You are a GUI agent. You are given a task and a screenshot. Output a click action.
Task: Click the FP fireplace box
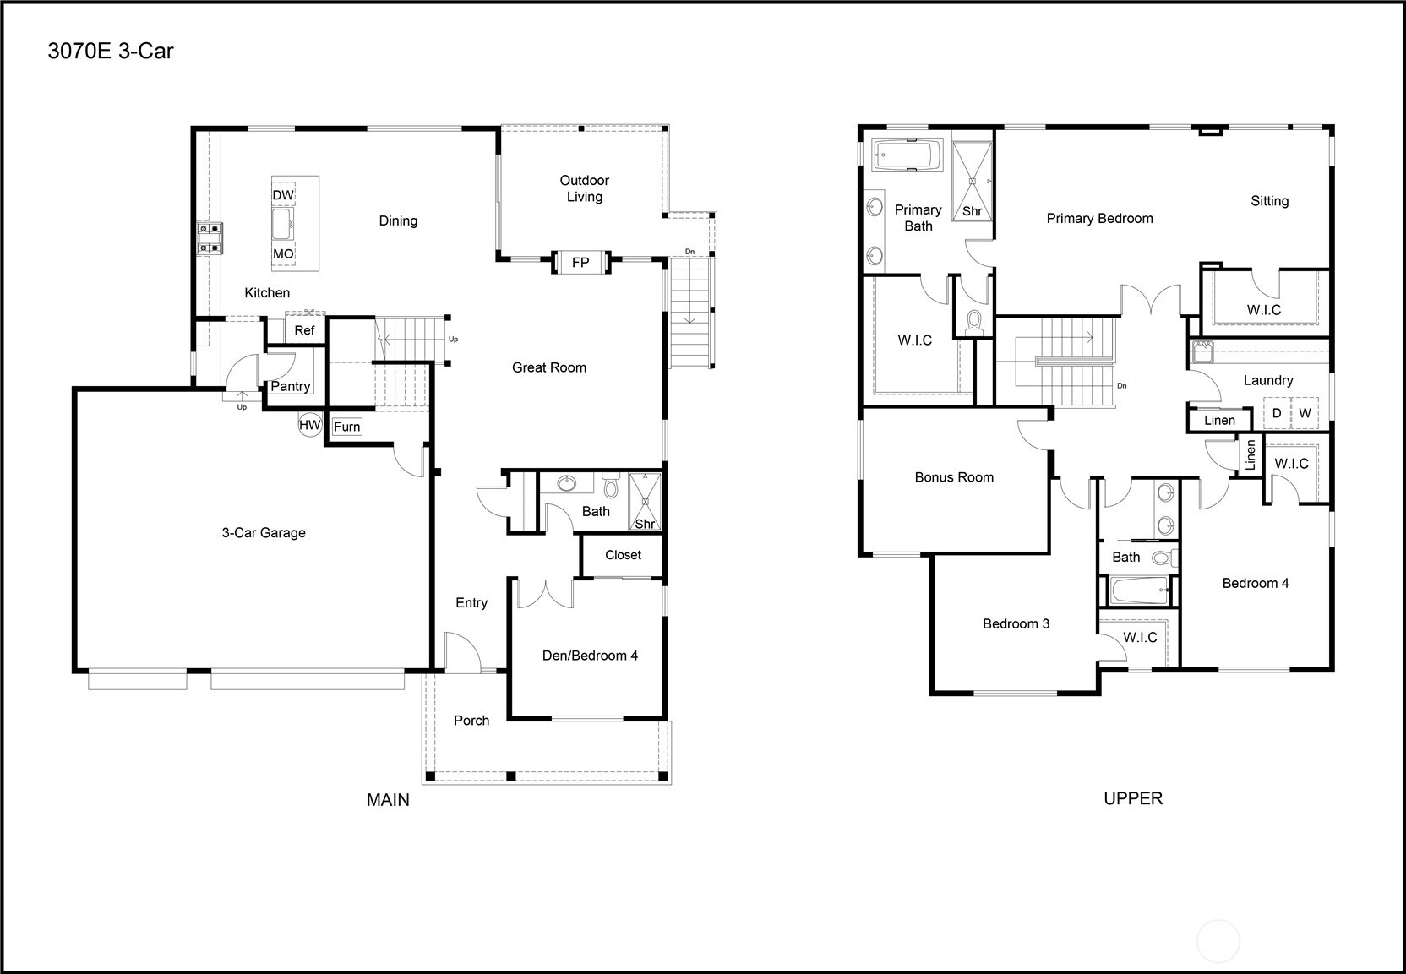580,262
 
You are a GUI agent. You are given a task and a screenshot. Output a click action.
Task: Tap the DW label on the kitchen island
283,195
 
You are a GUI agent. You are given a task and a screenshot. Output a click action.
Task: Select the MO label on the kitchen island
283,253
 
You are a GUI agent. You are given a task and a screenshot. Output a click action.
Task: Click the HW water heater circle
310,425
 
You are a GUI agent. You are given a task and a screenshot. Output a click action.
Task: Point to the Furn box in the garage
346,427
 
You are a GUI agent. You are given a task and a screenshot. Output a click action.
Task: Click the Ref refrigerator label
304,330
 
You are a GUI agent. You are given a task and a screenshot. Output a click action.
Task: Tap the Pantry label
290,386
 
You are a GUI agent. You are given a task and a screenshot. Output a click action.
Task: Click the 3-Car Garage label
264,532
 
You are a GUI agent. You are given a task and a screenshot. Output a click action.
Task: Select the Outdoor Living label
584,188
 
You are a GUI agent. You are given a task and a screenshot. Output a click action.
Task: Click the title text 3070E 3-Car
111,51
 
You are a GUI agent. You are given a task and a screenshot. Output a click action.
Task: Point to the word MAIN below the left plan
388,799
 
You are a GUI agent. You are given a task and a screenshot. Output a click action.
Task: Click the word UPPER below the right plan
1133,798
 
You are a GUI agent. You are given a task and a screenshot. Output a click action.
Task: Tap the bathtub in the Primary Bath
906,156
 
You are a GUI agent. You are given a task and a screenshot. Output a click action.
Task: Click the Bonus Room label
954,477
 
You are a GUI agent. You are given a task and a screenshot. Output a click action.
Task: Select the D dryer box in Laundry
1277,413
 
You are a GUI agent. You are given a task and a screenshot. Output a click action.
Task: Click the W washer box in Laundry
1305,413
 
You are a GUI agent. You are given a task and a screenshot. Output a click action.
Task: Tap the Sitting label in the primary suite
1269,200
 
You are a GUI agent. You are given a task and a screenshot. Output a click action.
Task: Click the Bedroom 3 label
1016,623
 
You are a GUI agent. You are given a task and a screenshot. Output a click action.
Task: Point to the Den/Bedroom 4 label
590,656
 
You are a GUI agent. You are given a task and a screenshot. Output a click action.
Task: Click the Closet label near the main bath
623,555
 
